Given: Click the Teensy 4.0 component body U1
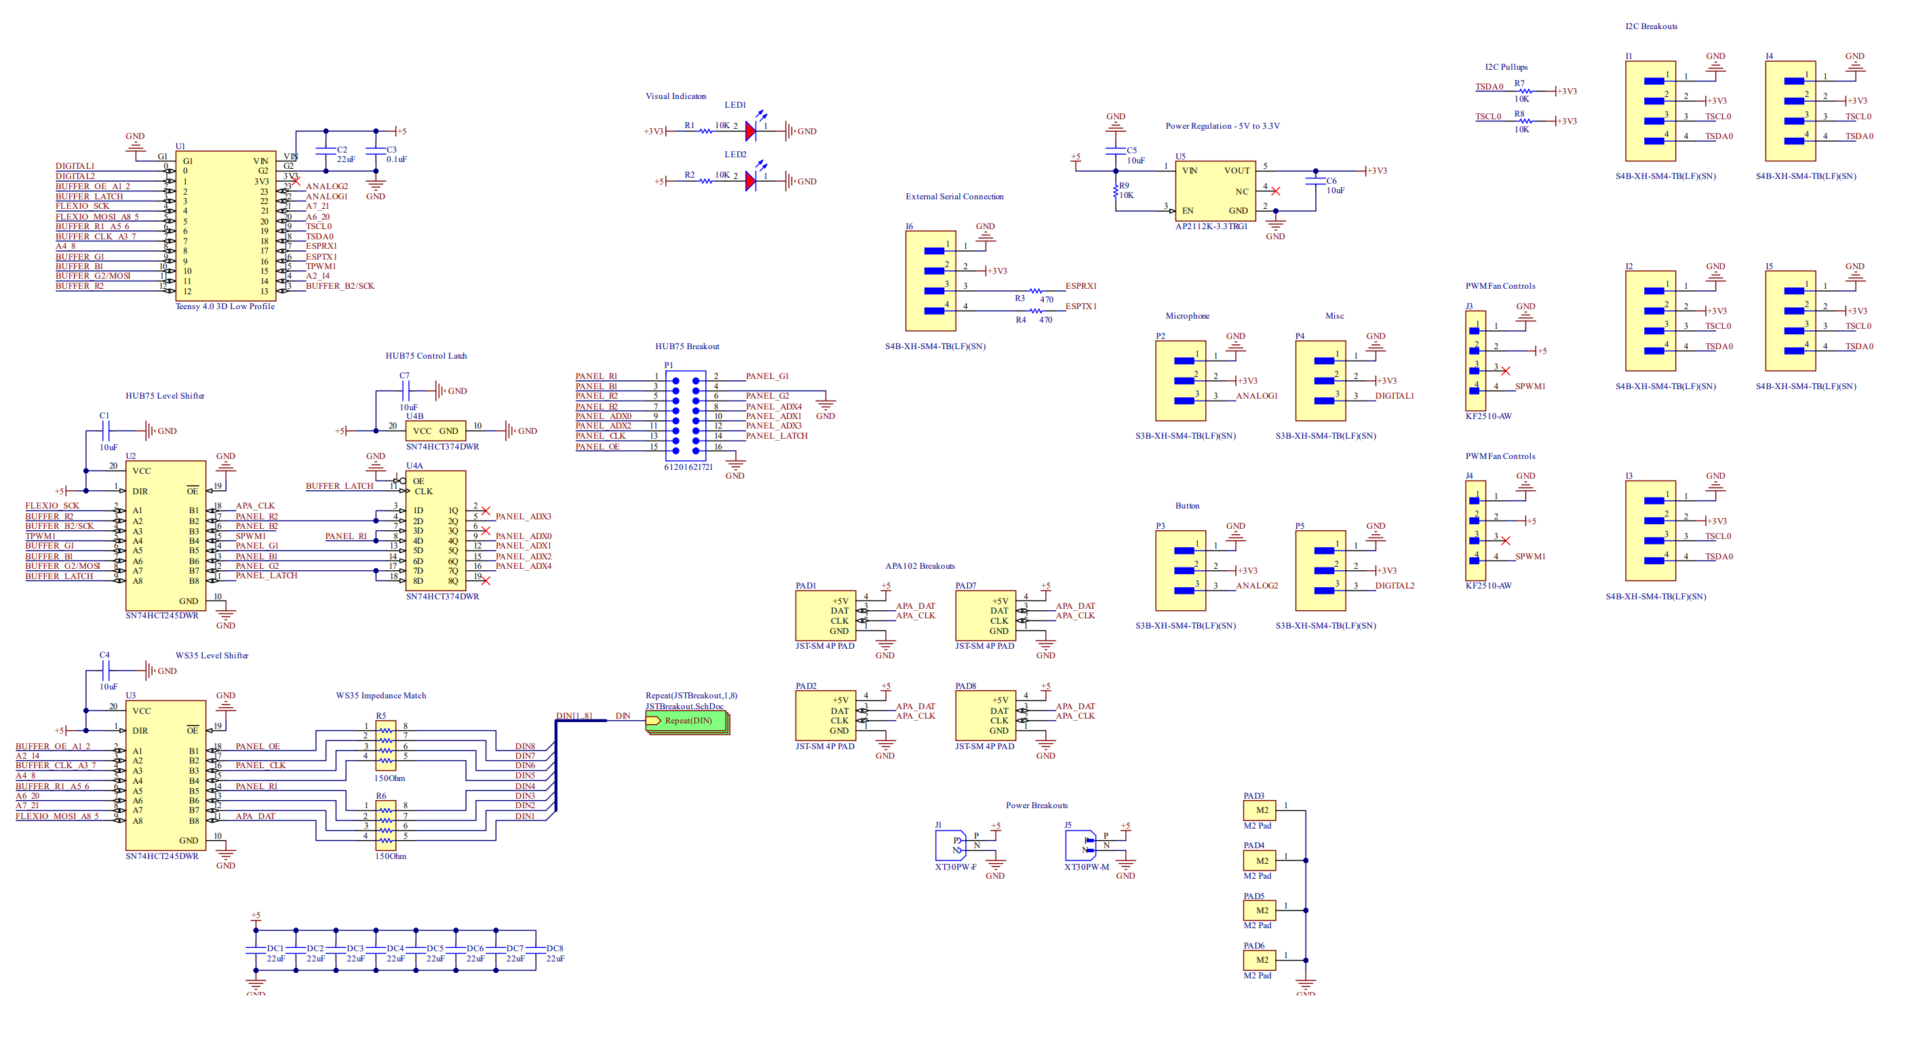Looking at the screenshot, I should coord(225,226).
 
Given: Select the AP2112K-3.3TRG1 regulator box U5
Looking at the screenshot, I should coord(1215,191).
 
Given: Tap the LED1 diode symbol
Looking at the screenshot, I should coord(751,131).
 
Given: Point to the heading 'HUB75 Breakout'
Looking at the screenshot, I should coord(686,346).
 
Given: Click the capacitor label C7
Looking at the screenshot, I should coord(404,376).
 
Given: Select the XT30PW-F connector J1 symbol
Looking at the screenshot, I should coord(951,845).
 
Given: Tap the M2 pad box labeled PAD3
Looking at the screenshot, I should coord(1259,810).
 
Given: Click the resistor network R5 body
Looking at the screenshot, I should coord(386,746).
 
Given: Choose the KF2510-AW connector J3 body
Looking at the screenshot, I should coord(1475,361).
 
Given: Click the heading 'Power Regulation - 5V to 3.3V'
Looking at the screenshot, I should coord(1222,126).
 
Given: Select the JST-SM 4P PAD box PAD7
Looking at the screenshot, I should coord(984,615).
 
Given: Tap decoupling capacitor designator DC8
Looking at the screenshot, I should coord(555,948).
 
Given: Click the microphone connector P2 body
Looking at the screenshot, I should coord(1180,380).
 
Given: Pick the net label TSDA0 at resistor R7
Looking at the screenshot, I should coord(1489,87).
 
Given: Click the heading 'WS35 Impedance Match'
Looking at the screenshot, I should coord(381,695).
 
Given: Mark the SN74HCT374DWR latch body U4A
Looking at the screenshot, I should coord(435,530).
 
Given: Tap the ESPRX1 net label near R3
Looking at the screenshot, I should coord(1080,285).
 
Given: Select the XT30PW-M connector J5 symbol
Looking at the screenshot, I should coord(1080,845).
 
